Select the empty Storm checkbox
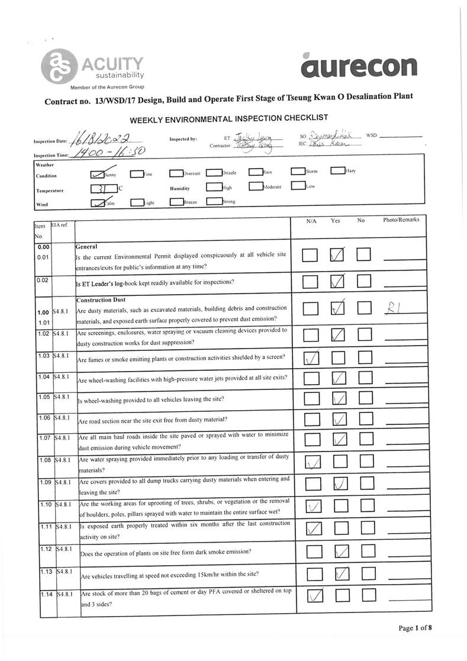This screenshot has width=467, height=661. (298, 172)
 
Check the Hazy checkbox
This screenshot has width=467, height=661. (337, 172)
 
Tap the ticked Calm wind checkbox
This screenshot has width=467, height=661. (96, 202)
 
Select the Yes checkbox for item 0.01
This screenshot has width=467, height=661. (337, 255)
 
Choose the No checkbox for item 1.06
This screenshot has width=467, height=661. (364, 420)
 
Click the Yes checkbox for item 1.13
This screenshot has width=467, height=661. (342, 573)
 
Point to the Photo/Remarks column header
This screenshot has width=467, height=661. (401, 220)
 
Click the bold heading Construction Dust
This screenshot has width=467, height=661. (99, 299)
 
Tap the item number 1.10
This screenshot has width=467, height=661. (46, 504)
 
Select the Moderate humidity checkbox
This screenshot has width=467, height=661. (255, 186)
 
